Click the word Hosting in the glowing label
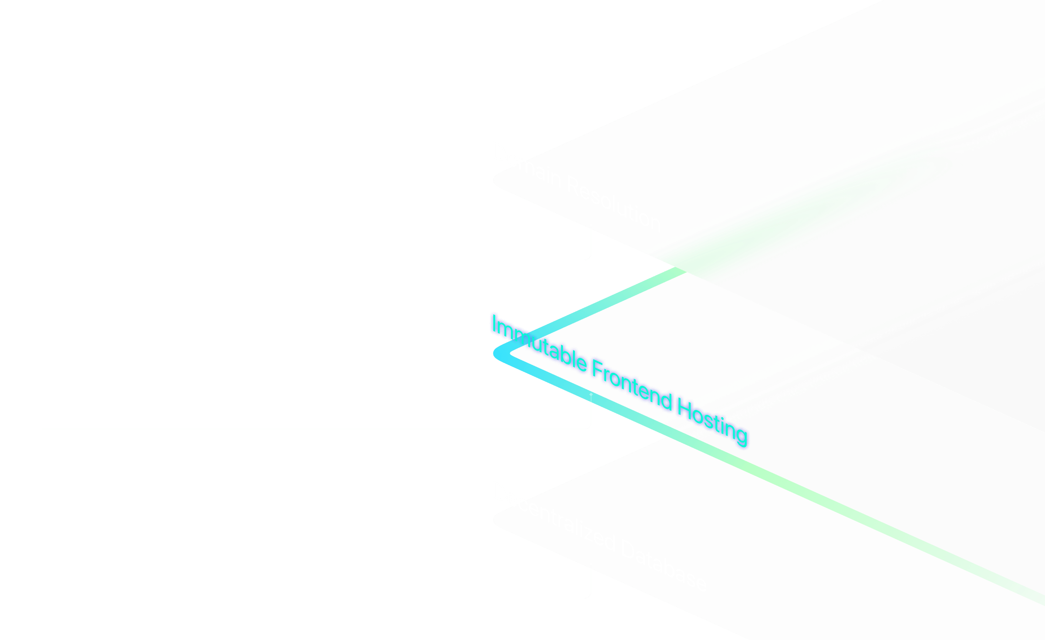coord(712,422)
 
